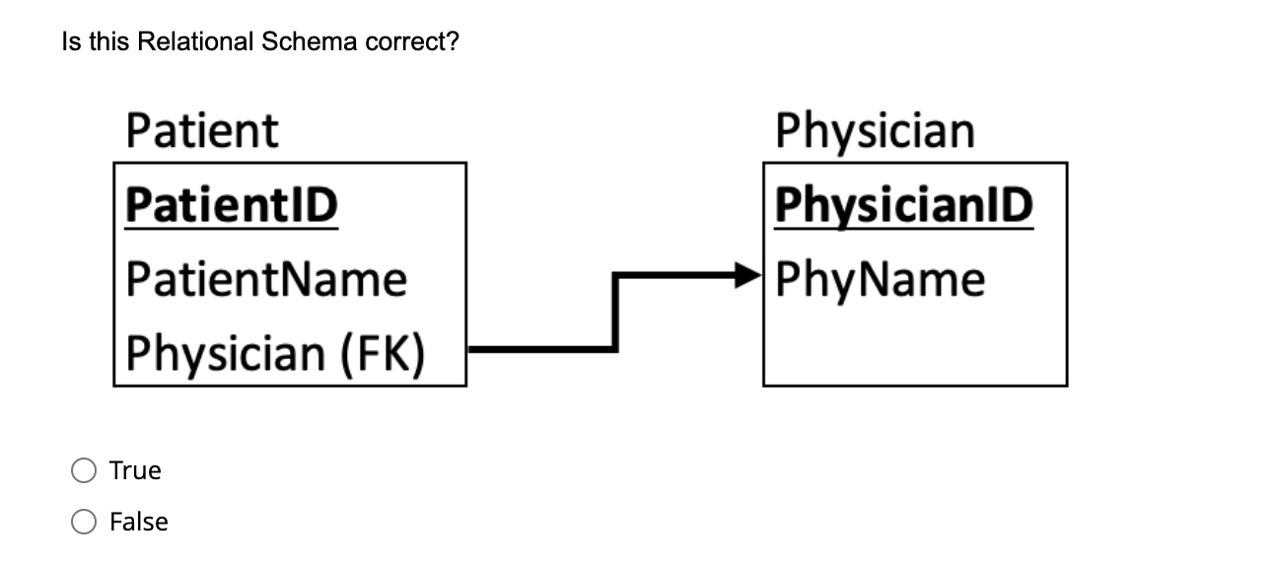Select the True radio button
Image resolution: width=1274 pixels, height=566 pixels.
83,471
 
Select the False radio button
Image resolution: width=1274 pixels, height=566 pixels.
83,523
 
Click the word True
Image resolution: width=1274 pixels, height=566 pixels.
135,470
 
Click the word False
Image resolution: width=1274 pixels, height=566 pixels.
139,522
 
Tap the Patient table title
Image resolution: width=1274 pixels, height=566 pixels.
202,131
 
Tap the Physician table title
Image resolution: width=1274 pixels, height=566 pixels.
875,131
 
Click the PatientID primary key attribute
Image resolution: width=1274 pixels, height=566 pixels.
232,205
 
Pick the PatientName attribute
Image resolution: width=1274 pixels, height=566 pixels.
266,279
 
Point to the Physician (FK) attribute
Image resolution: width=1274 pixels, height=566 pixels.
276,353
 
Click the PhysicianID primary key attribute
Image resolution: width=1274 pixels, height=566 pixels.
903,205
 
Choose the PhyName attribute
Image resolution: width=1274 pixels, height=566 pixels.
880,279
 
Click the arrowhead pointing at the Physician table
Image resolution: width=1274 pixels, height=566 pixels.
751,275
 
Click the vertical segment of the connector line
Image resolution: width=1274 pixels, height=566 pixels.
616,311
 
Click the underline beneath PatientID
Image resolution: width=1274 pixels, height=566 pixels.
232,228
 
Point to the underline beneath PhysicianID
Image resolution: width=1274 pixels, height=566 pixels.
903,228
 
